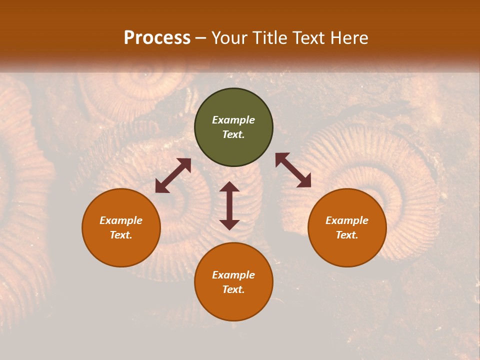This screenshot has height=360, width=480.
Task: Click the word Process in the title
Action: [157, 38]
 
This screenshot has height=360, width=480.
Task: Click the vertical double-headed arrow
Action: [229, 205]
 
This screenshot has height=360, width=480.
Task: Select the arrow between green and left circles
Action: [173, 175]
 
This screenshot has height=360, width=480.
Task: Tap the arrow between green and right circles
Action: [293, 170]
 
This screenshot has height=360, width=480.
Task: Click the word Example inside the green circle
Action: [233, 120]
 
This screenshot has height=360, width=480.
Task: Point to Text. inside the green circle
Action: [233, 134]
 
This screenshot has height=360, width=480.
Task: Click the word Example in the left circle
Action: [121, 220]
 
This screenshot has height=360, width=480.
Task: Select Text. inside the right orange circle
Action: [347, 235]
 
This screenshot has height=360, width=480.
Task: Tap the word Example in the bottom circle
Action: [233, 275]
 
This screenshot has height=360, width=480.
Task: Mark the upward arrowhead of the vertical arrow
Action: [229, 187]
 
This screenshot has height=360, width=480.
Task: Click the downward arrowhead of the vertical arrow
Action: [229, 224]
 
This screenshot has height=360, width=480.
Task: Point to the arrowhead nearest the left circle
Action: [161, 187]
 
